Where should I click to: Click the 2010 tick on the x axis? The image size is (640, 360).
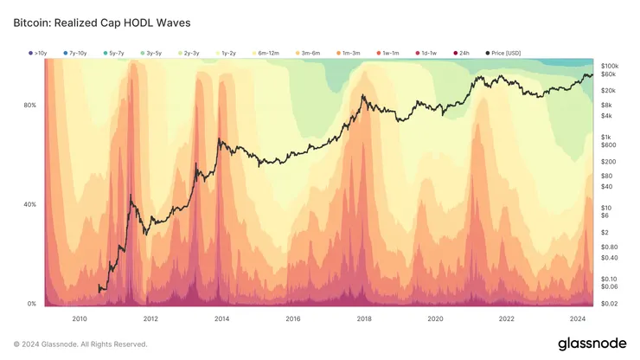[x=80, y=318]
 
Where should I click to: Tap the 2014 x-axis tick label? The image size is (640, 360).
[x=221, y=318]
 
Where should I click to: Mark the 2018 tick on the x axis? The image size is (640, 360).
[x=364, y=318]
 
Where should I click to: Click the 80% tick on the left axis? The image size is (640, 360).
[x=30, y=106]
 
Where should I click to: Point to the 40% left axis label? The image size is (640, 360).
[x=30, y=205]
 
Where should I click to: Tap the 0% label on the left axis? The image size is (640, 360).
[x=32, y=304]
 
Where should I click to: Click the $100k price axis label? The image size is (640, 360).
[x=609, y=66]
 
